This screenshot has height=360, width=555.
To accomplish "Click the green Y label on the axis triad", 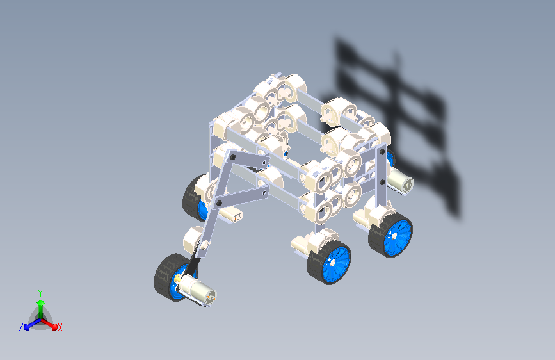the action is tap(40, 293).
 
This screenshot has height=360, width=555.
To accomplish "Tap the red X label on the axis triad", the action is tap(60, 327).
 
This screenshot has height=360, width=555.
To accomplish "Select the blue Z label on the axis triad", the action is tap(21, 327).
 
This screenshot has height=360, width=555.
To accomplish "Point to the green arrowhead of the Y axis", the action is tap(41, 302).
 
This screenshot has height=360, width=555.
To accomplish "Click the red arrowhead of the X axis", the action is tap(54, 327).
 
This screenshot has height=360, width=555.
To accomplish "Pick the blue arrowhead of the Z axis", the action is tap(26, 327).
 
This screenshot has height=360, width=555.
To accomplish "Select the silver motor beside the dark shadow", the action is tap(401, 181).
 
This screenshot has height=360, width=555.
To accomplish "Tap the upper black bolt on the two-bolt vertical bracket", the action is tap(382, 152).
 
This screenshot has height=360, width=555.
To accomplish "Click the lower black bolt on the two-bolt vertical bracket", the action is tap(382, 182).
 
